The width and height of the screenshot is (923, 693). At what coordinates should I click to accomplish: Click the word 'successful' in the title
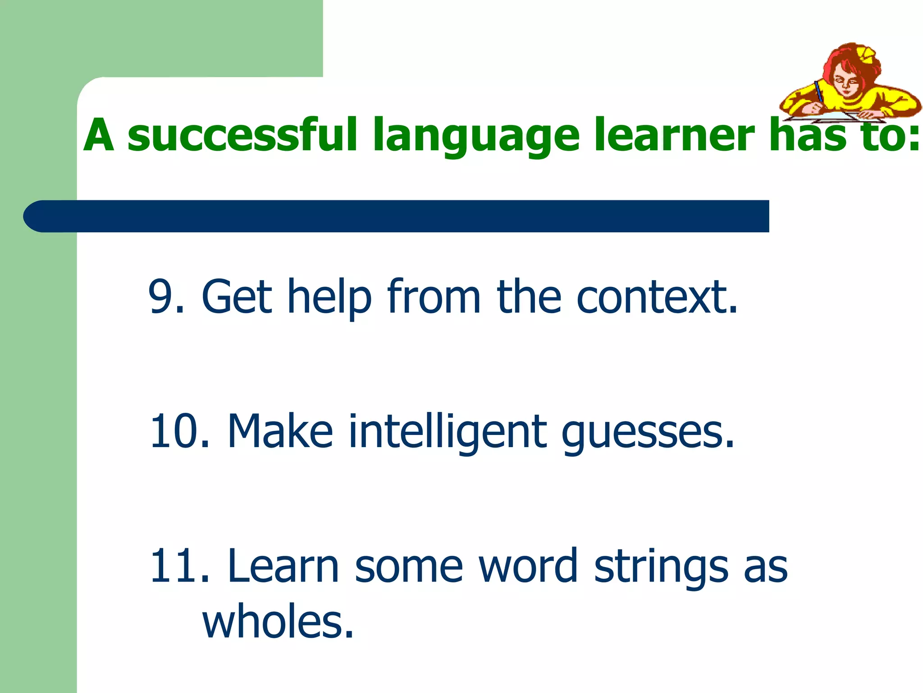[242, 134]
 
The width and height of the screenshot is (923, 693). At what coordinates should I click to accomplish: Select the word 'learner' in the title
[674, 134]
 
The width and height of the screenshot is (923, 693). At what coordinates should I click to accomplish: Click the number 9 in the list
[161, 296]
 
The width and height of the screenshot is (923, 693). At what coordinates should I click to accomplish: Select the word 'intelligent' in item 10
[448, 432]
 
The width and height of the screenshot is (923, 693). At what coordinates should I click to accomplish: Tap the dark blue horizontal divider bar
[397, 216]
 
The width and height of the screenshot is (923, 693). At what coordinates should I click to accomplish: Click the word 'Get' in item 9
[237, 296]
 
